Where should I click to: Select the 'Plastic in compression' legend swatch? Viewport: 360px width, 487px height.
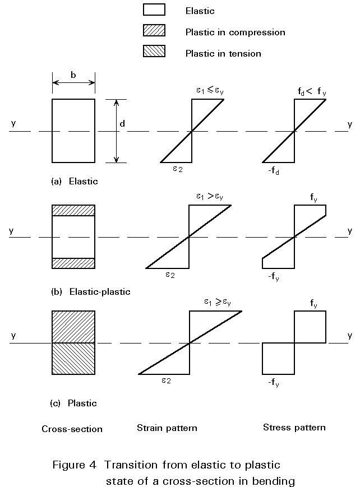154,31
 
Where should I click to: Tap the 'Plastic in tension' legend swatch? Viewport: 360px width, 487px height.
154,53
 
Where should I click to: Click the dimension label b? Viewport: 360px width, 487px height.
73,75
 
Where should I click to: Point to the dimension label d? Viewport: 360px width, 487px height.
124,123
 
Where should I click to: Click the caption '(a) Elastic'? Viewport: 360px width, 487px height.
74,181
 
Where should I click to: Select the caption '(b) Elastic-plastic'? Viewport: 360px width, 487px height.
90,291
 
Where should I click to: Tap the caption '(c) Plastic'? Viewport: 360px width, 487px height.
74,403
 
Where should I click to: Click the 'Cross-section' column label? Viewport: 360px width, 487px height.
72,429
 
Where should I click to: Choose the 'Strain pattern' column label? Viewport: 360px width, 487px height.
167,428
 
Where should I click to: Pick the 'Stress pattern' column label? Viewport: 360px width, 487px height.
294,428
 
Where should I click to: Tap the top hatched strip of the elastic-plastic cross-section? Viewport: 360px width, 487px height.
73,210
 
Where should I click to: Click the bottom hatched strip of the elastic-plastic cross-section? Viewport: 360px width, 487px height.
73,263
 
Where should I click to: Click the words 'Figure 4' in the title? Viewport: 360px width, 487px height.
75,465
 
